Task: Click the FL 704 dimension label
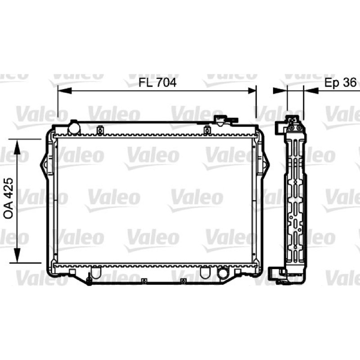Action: click(x=157, y=82)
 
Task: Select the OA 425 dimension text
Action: click(x=9, y=198)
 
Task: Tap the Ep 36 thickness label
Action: click(x=341, y=82)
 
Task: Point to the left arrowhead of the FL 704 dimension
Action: click(x=65, y=91)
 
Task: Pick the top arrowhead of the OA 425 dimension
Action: click(x=17, y=147)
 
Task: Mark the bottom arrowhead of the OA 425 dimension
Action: click(x=17, y=255)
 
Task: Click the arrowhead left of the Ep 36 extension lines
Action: click(x=280, y=91)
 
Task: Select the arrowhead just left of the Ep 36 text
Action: click(x=311, y=91)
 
